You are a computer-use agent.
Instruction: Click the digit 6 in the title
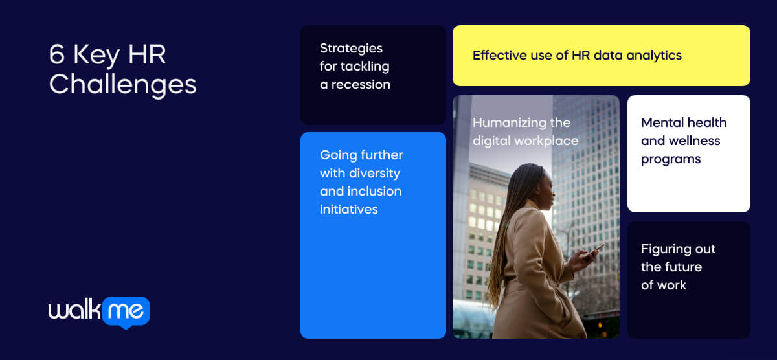click(58, 56)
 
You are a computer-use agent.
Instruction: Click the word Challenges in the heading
click(122, 85)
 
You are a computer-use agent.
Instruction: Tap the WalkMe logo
click(99, 312)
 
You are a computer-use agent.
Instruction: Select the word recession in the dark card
click(361, 84)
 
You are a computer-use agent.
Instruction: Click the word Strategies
click(351, 48)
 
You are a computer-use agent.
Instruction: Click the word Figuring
click(664, 249)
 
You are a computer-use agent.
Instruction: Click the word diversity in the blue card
click(374, 173)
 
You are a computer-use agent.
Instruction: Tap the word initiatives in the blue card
click(348, 209)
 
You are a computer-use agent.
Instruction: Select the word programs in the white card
click(671, 159)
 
